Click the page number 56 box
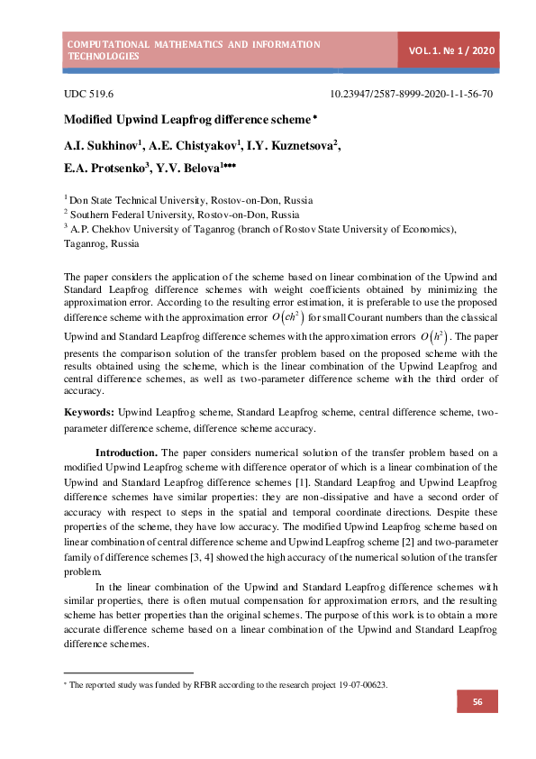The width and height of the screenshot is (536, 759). (477, 702)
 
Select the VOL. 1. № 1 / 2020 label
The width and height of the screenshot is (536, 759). (451, 50)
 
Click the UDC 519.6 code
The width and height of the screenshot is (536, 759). (88, 94)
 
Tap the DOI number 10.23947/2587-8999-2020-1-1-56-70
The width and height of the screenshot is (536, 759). (411, 94)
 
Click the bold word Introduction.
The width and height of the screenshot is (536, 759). (127, 452)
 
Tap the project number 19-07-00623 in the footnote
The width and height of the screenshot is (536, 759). (362, 685)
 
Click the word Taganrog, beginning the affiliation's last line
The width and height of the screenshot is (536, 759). (87, 243)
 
